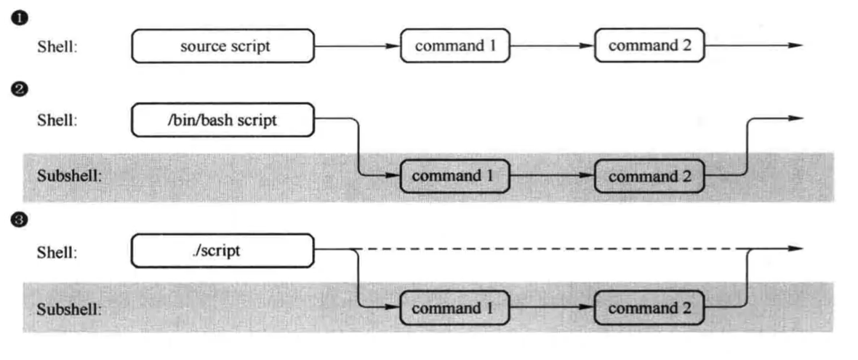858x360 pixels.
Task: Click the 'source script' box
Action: pos(222,46)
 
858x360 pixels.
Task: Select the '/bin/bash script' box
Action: pos(222,120)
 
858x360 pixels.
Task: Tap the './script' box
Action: pos(222,251)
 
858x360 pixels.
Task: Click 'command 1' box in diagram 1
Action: pos(455,46)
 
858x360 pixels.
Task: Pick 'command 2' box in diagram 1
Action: pos(649,46)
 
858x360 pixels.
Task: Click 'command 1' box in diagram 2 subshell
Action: pos(455,176)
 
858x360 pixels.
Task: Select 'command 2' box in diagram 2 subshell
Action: pos(649,176)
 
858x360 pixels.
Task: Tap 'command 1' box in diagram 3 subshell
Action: pos(455,308)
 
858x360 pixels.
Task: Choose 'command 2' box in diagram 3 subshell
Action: pos(649,308)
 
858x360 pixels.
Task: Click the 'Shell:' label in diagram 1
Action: pos(57,47)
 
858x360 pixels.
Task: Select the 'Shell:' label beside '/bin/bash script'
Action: pos(57,121)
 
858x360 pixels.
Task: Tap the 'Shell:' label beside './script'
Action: pos(57,252)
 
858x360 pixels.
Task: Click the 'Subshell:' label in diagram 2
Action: pos(70,177)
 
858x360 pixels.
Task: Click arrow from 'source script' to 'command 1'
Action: pos(358,46)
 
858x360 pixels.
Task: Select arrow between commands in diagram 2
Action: pos(552,176)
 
